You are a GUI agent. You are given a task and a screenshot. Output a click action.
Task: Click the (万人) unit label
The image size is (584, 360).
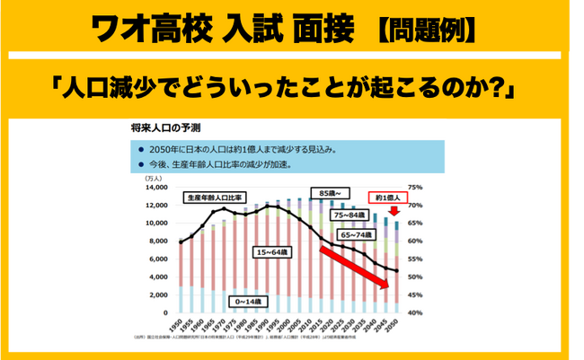coord(154,179)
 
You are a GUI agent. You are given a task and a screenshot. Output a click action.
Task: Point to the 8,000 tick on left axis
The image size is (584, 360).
coord(158,241)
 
